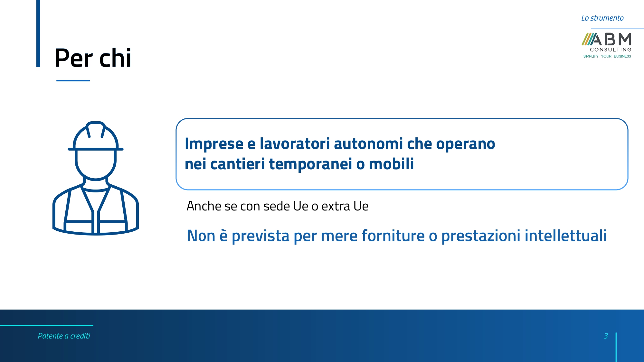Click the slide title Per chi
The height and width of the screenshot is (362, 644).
(x=93, y=58)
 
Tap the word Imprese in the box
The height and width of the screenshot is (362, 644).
(x=214, y=144)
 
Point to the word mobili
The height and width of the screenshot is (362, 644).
(x=391, y=164)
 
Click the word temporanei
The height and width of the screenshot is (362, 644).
(x=310, y=164)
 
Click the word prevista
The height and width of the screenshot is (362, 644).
(x=260, y=236)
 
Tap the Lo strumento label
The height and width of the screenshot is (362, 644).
(x=602, y=18)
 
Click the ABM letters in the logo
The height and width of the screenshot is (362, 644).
(x=611, y=39)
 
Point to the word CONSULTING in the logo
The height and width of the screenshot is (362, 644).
(x=611, y=50)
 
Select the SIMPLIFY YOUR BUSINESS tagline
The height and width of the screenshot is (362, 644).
(x=607, y=56)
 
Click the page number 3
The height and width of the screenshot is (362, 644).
(x=606, y=336)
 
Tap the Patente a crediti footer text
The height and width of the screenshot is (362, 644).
(x=64, y=336)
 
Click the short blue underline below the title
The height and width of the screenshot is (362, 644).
(x=73, y=80)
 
